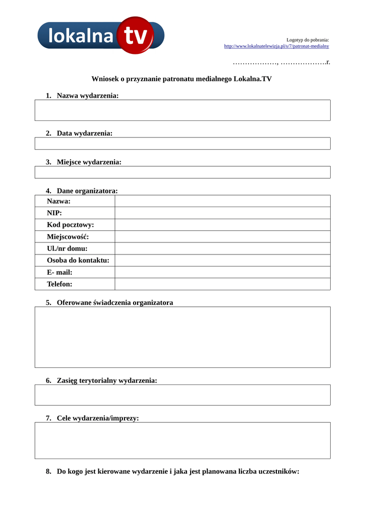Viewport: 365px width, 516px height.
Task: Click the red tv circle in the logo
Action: [x=135, y=35]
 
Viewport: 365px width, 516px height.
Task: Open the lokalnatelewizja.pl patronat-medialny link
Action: [x=276, y=46]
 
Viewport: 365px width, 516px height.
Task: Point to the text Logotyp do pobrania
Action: [x=308, y=39]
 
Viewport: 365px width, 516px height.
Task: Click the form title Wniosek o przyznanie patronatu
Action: [x=181, y=79]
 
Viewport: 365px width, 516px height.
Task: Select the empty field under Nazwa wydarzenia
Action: [x=182, y=110]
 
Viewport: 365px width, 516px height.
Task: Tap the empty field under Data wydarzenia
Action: [x=182, y=144]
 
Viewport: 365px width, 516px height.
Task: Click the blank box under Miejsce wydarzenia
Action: [x=182, y=172]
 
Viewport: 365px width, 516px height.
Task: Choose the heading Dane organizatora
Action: [x=87, y=191]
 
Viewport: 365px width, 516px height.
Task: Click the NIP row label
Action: [x=54, y=213]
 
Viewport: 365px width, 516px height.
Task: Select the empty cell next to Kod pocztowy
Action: [x=222, y=225]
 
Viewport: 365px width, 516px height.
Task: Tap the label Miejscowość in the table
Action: [x=68, y=237]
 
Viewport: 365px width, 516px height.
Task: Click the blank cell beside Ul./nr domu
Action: [x=222, y=248]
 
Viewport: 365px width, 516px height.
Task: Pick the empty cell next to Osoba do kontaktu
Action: [x=222, y=261]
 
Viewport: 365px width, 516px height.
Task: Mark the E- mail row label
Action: [x=59, y=272]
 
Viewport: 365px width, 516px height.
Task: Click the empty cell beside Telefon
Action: [x=222, y=284]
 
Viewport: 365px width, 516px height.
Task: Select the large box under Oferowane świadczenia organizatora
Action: [x=182, y=337]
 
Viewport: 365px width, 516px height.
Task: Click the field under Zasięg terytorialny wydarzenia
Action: [x=182, y=395]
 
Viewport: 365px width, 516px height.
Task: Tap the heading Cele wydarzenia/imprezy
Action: [x=97, y=418]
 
